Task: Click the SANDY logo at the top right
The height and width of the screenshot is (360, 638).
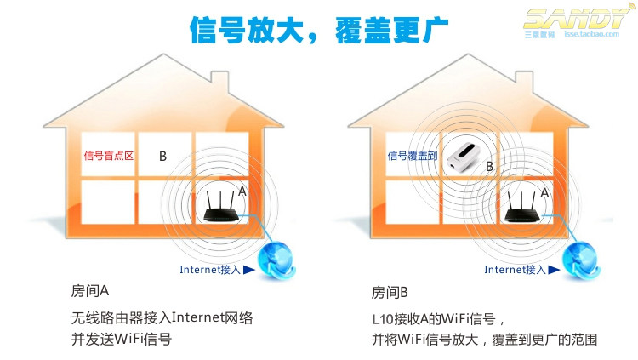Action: tap(579, 19)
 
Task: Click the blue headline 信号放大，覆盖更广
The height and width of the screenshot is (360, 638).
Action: tap(319, 28)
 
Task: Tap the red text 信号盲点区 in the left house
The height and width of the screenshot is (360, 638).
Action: tap(109, 156)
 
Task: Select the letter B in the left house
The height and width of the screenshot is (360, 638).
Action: tap(162, 157)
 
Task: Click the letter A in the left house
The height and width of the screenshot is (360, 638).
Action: tap(242, 192)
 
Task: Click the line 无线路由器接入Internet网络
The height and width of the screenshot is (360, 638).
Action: tap(162, 318)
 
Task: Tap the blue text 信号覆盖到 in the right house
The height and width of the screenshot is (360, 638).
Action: tap(413, 156)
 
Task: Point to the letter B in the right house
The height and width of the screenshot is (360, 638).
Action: tap(489, 166)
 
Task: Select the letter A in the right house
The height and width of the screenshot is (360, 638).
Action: tap(545, 194)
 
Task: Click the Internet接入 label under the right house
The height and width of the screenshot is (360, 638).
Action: tap(516, 271)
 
